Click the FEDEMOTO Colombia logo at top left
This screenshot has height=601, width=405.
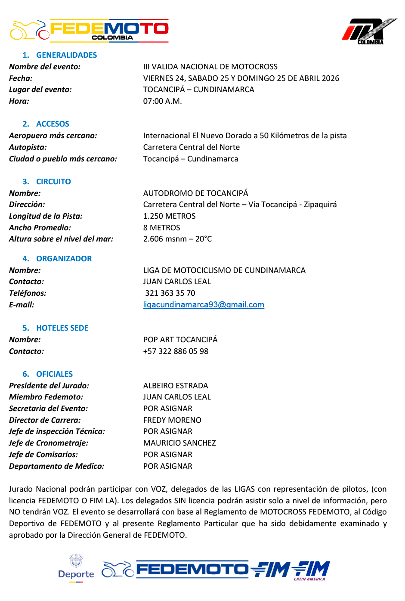(x=89, y=30)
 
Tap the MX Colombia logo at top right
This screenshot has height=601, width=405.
(x=369, y=31)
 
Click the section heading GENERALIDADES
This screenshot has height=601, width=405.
(x=66, y=55)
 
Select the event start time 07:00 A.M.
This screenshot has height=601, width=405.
(x=162, y=101)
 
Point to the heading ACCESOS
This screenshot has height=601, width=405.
(x=53, y=124)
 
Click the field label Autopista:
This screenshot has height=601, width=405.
(x=28, y=147)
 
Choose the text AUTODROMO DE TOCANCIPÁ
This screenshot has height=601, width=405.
(x=195, y=193)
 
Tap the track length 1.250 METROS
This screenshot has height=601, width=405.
(x=169, y=216)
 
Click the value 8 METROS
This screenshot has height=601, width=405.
(x=161, y=228)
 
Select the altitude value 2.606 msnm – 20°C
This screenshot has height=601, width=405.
(x=177, y=239)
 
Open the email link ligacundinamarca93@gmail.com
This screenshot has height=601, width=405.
(x=204, y=305)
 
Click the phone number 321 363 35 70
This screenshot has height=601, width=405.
(x=170, y=293)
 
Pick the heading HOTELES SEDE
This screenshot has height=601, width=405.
(x=62, y=328)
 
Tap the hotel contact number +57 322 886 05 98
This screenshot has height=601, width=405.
(x=176, y=351)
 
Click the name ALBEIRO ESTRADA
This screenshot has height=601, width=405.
(x=176, y=386)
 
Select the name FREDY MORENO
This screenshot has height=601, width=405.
(x=172, y=420)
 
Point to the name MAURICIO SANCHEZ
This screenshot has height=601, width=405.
(x=179, y=443)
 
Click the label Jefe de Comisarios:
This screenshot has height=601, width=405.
(x=43, y=455)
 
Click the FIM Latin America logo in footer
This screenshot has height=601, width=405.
(x=311, y=570)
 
